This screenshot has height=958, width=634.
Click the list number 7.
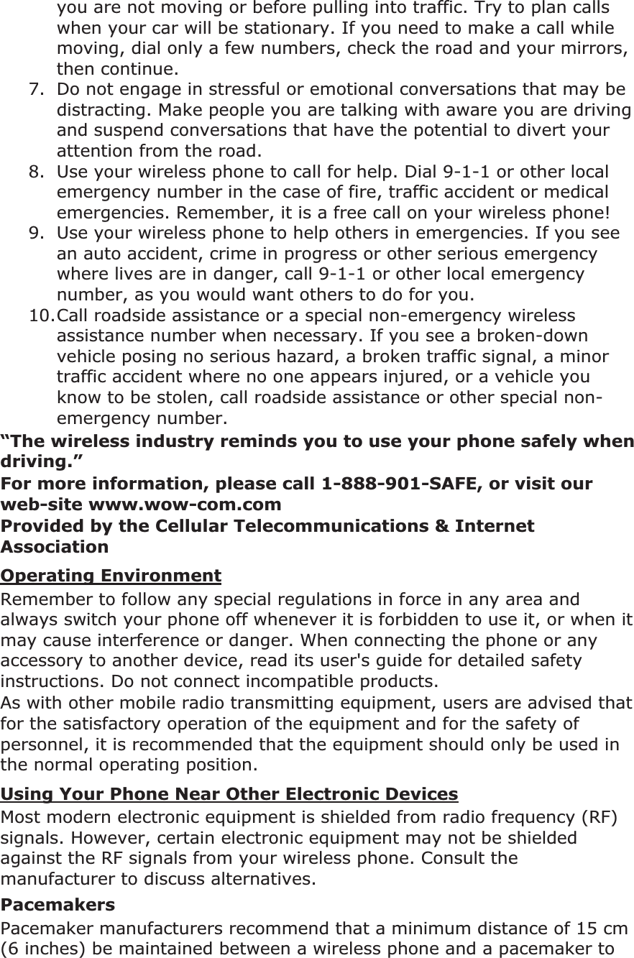[34, 91]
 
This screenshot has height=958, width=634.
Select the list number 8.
[34, 172]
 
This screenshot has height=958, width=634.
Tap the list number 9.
[34, 234]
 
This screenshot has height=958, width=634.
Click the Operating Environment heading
[111, 576]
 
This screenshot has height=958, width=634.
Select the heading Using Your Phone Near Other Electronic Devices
[229, 794]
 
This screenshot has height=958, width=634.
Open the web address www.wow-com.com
[185, 505]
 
